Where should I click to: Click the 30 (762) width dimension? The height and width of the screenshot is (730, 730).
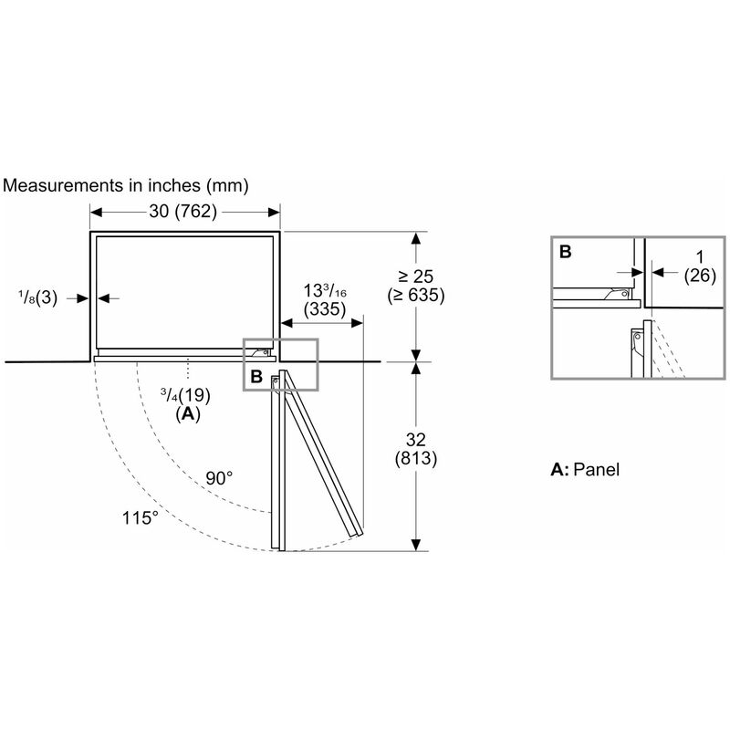coord(183,212)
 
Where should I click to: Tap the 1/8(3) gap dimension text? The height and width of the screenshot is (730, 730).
coord(37,297)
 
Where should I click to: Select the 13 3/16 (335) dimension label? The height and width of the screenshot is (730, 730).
coord(325,300)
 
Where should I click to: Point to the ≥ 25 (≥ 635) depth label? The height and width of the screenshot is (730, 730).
coord(416,286)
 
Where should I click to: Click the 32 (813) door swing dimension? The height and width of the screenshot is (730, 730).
coord(416,449)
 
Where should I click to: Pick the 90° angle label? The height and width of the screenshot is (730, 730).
coord(219,478)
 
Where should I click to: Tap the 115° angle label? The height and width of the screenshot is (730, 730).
coord(141,517)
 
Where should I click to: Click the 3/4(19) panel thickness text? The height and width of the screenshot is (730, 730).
coord(185,395)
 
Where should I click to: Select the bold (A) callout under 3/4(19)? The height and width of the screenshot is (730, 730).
coord(188,413)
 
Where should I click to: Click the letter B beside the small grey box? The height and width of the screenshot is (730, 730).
coord(256,376)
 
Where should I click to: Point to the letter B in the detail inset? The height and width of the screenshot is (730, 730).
coord(565,252)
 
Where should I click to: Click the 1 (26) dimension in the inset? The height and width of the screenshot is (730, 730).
coord(700,266)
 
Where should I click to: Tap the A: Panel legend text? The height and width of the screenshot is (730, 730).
coord(585,469)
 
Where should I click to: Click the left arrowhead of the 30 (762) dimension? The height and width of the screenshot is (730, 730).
coord(96,213)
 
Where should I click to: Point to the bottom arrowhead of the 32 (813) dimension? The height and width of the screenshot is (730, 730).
coord(416,545)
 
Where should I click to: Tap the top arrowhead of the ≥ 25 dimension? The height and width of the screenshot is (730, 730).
coord(416,238)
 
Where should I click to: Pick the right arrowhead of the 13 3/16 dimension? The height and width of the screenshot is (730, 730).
coord(357,323)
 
